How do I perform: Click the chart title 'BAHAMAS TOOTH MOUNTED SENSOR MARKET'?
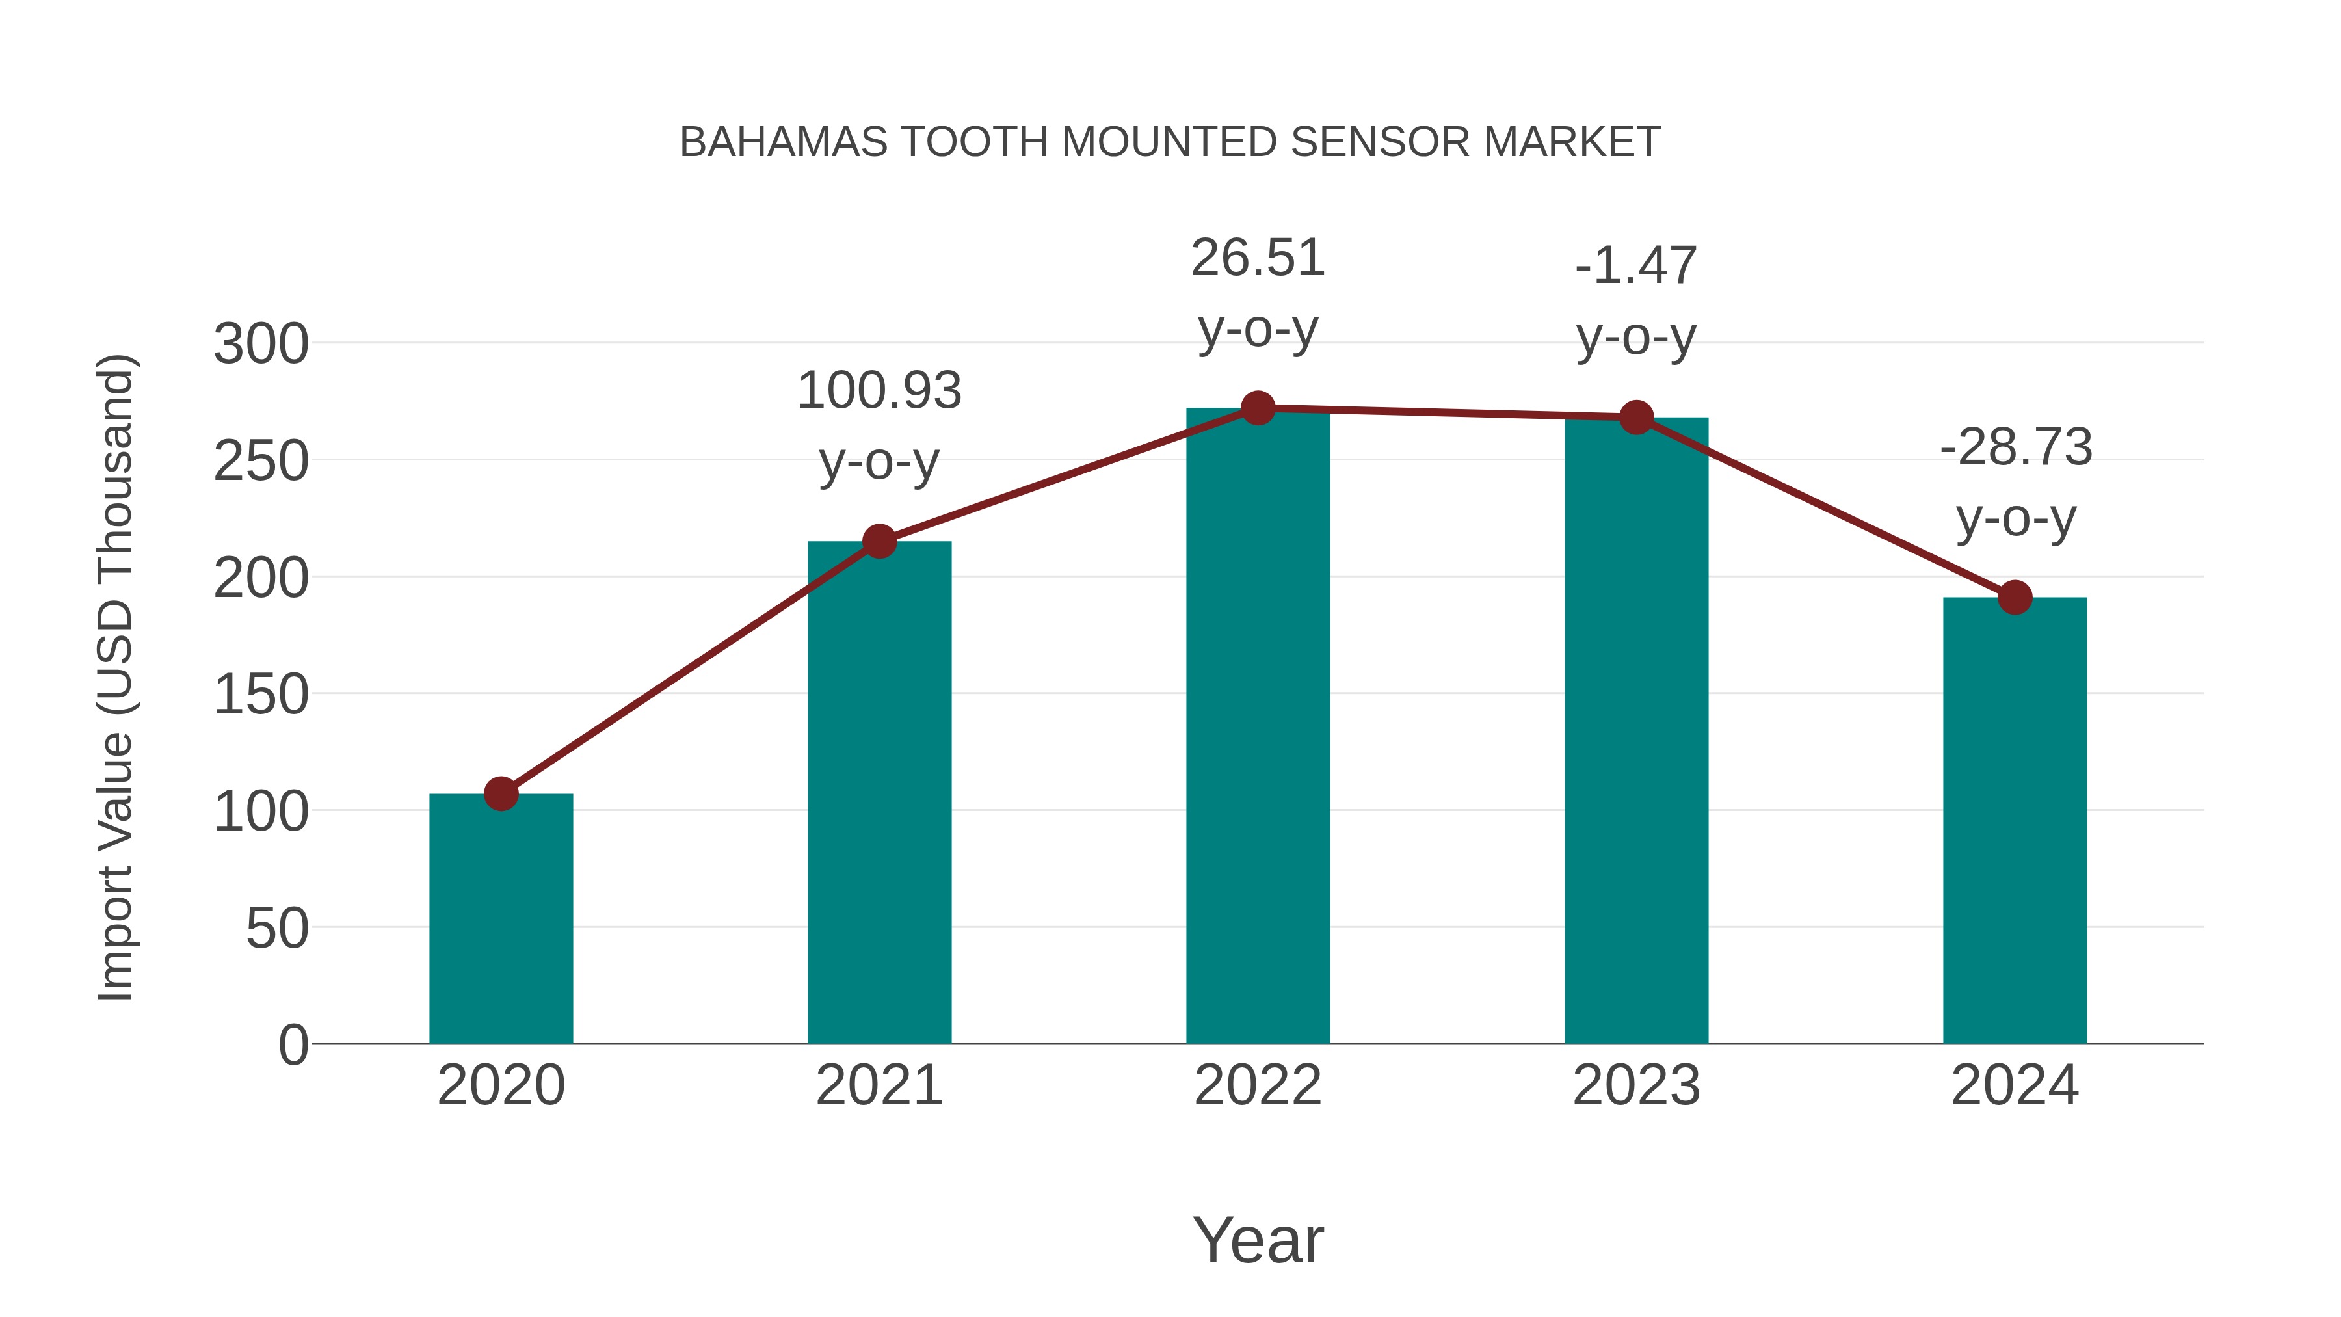click(1170, 142)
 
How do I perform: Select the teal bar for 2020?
click(501, 918)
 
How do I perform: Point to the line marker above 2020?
click(501, 793)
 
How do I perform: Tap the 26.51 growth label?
click(1258, 258)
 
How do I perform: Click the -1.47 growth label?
click(1636, 266)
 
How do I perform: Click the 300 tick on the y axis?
click(261, 345)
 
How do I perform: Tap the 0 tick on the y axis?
click(293, 1044)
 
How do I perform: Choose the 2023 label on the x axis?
click(1636, 1085)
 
